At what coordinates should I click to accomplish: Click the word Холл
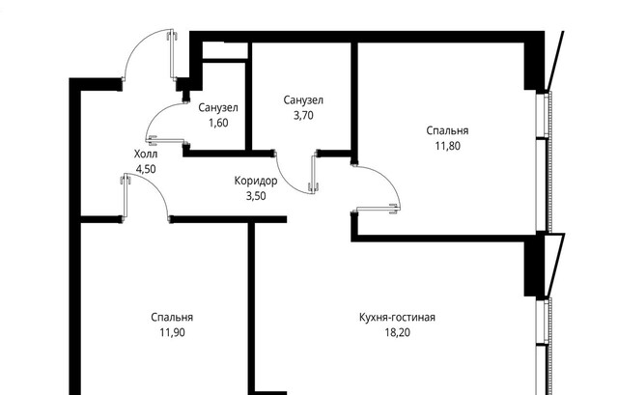pos(147,154)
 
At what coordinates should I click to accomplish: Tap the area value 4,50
pos(147,168)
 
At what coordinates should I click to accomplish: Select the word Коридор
pos(256,181)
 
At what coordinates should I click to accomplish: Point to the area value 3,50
pos(256,195)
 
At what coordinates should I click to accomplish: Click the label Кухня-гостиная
pos(399,317)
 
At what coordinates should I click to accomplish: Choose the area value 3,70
pos(303,115)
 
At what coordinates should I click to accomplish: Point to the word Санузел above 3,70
pos(303,100)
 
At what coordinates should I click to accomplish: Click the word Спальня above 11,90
pos(172,317)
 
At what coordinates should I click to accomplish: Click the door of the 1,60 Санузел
pos(164,126)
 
